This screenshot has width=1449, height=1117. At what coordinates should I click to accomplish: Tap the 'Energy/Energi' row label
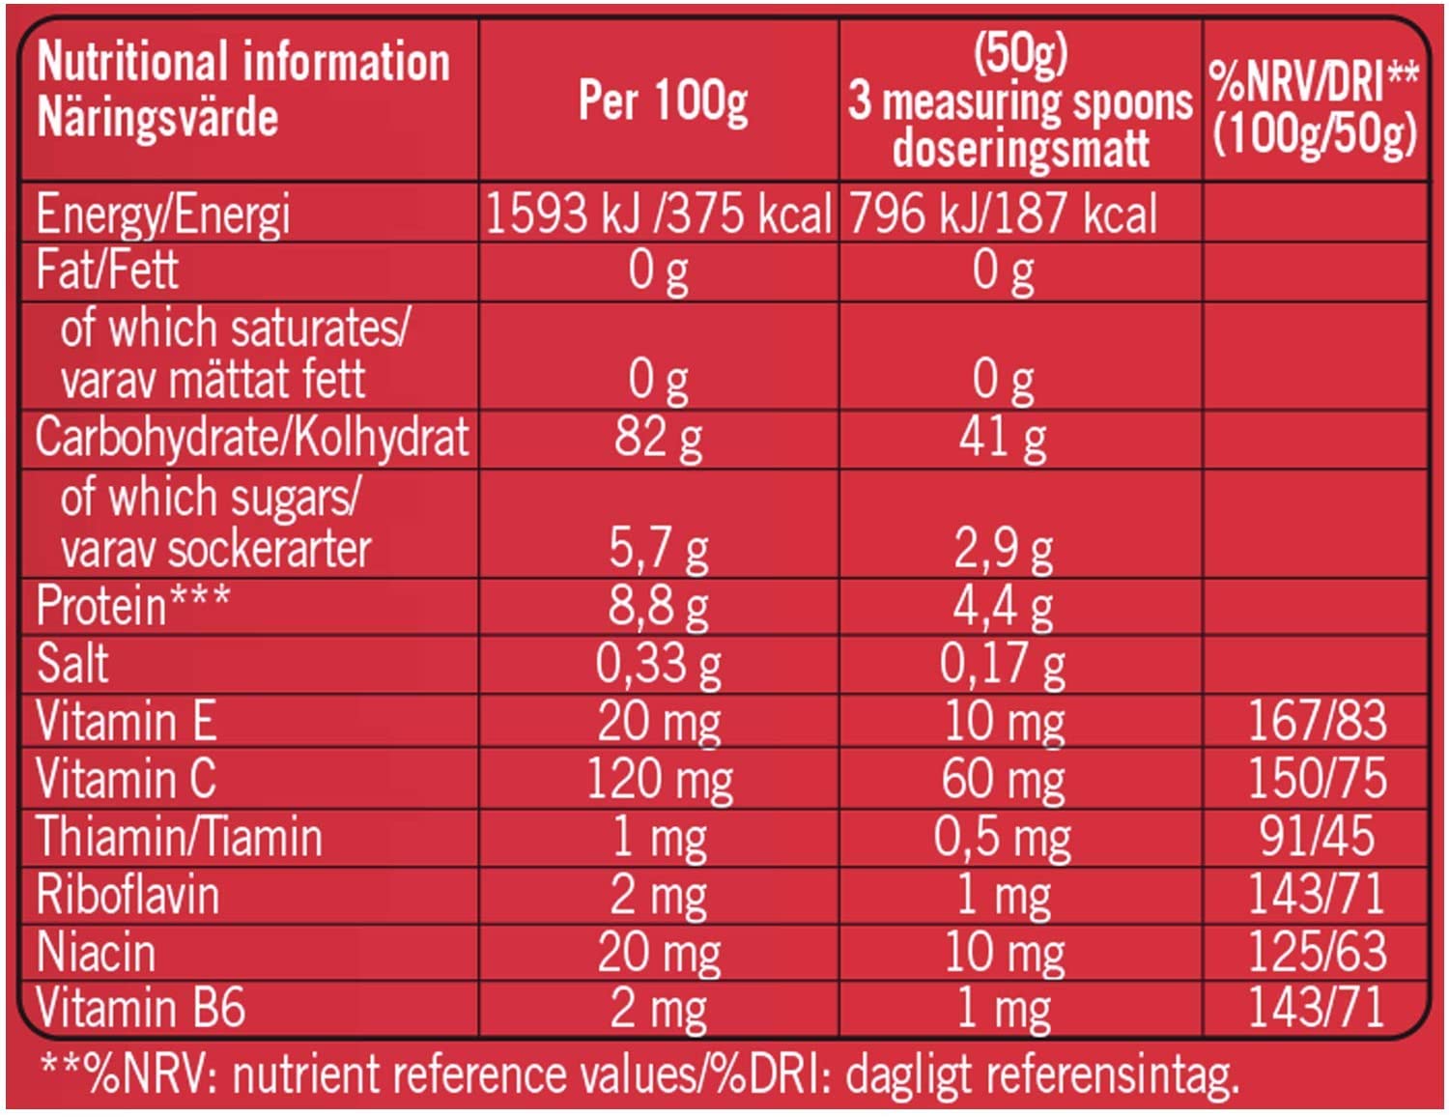[163, 215]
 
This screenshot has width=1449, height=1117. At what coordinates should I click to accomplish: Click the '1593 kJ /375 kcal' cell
[659, 214]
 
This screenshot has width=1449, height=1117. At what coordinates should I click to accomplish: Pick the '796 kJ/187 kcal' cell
[1003, 214]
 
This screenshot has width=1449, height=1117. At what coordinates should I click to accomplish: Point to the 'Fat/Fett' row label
[107, 270]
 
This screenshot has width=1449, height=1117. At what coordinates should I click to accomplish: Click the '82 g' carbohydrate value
[658, 438]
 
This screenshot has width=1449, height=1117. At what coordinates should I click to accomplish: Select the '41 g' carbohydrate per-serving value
[1003, 438]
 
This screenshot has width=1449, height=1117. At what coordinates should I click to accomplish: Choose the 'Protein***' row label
[133, 606]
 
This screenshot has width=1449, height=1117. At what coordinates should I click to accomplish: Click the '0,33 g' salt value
[658, 664]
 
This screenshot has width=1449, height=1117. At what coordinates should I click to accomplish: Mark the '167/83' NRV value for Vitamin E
[1317, 720]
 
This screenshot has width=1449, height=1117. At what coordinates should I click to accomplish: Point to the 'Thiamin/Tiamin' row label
[180, 836]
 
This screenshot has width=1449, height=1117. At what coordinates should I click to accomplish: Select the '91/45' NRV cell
[1317, 836]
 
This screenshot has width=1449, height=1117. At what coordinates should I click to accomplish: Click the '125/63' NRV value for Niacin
[1317, 951]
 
